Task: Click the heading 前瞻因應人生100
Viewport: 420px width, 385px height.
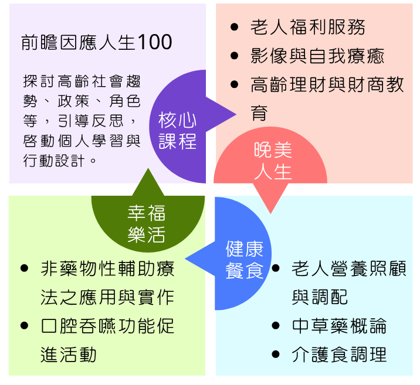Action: click(x=96, y=42)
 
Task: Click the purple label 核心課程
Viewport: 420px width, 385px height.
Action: click(x=177, y=131)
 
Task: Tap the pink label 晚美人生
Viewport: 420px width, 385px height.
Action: click(x=273, y=161)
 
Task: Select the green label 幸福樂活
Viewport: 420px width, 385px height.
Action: click(x=146, y=224)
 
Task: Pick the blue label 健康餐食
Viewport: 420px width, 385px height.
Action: click(x=244, y=260)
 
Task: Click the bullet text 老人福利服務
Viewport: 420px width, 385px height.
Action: click(x=308, y=27)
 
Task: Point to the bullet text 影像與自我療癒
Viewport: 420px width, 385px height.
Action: click(x=317, y=56)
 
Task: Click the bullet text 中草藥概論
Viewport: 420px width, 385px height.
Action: click(x=339, y=326)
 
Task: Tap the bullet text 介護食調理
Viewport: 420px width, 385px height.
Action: click(x=339, y=355)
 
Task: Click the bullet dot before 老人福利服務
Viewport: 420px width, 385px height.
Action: click(x=234, y=27)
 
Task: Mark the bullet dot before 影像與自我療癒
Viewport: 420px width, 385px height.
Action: click(x=234, y=56)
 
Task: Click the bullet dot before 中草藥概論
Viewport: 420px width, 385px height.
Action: click(x=276, y=326)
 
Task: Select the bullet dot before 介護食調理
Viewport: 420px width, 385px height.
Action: click(x=276, y=354)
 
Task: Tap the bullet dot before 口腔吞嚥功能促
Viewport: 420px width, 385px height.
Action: click(x=25, y=326)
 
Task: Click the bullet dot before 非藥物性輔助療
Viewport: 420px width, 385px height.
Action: click(x=25, y=268)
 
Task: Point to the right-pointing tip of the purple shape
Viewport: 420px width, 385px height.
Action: click(x=236, y=114)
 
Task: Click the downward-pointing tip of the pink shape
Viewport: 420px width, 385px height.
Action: click(x=270, y=213)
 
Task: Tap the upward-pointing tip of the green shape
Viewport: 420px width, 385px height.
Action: click(x=148, y=168)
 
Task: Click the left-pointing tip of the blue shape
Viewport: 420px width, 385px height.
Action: click(x=185, y=259)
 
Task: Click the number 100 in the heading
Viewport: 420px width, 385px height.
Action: click(x=155, y=42)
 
